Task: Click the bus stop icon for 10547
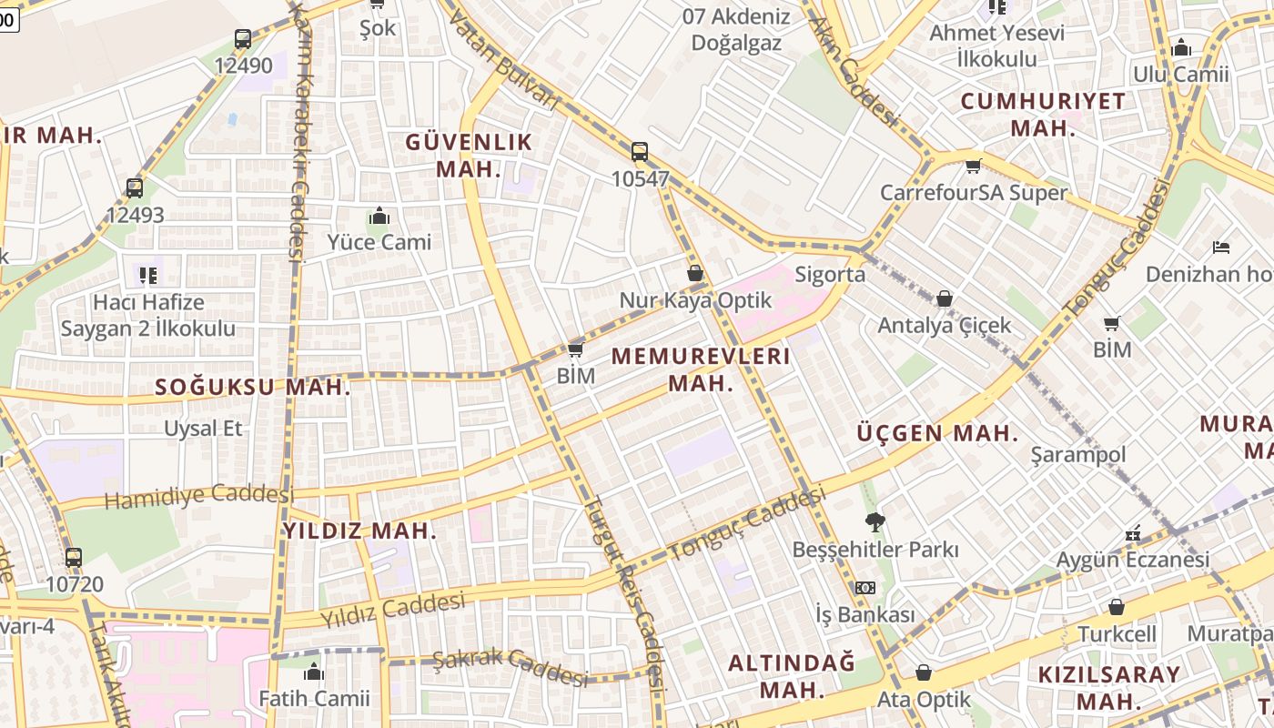[640, 152]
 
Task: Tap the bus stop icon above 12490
[242, 39]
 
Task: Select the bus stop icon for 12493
[135, 188]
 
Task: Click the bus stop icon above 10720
[74, 557]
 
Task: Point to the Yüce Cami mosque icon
[379, 217]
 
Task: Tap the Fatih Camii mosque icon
[314, 672]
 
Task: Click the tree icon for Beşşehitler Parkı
[875, 522]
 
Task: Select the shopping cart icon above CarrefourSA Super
[973, 166]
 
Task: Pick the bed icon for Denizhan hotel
[1221, 248]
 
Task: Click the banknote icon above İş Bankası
[864, 588]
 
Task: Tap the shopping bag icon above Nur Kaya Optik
[695, 273]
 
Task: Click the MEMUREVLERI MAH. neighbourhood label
[701, 369]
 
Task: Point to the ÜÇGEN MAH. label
[937, 434]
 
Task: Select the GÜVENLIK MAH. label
[469, 156]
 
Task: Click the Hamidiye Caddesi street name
[199, 497]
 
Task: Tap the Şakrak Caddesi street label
[510, 668]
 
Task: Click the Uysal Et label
[204, 428]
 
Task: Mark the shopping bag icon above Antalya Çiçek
[945, 298]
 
